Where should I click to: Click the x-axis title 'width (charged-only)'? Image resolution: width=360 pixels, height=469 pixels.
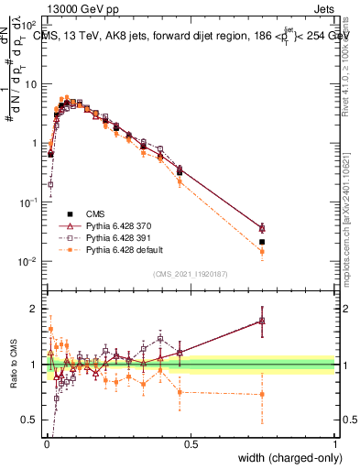click(x=287, y=458)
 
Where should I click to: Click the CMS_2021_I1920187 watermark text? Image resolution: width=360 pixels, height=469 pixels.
click(x=191, y=274)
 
